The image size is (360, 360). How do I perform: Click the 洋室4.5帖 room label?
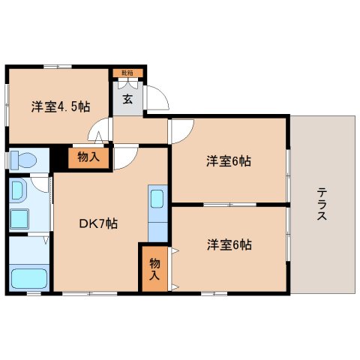click(x=60, y=106)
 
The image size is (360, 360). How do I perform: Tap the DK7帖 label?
click(x=98, y=223)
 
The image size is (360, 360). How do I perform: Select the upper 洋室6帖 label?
click(x=229, y=160)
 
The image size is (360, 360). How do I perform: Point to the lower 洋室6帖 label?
click(x=229, y=244)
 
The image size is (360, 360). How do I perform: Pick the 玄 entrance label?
click(x=127, y=99)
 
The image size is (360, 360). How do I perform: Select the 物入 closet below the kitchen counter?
click(x=154, y=268)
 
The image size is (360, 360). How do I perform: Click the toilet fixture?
click(x=22, y=160)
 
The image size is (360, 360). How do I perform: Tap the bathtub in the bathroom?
click(x=28, y=278)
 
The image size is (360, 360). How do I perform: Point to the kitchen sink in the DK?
click(x=157, y=199)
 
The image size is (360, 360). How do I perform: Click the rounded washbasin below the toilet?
click(x=19, y=190)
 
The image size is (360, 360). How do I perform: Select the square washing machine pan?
click(x=19, y=219)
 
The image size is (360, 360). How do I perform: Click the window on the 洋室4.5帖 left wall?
click(x=7, y=105)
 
